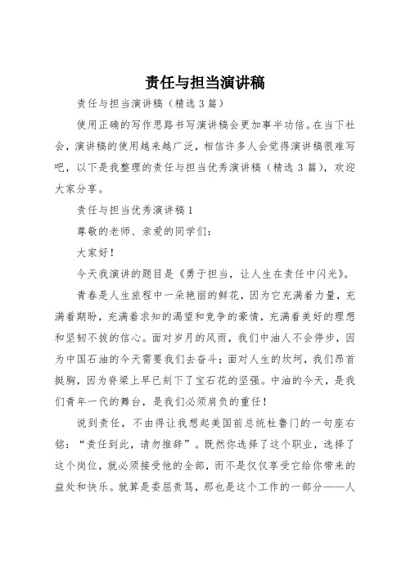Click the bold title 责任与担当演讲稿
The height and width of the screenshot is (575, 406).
tap(203, 83)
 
